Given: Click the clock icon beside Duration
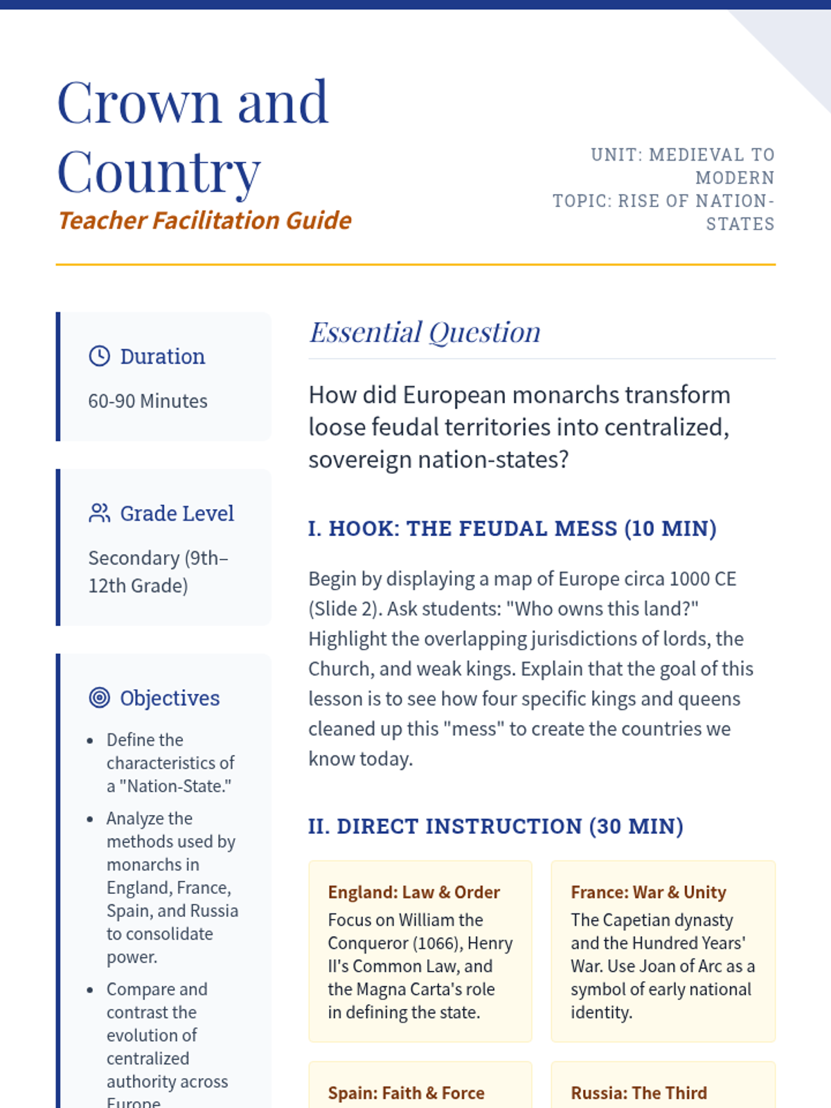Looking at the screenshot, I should point(100,356).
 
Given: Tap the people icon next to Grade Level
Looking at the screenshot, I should point(100,513).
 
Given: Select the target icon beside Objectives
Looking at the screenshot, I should point(100,698).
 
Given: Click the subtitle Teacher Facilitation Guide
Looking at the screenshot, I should point(205,220).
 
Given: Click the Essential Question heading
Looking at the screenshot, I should point(425,332).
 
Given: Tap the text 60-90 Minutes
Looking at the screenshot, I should point(148,401).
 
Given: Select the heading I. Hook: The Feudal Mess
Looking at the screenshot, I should point(512,528).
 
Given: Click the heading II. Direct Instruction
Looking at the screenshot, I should point(495,826).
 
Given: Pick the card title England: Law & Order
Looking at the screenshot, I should point(413,892).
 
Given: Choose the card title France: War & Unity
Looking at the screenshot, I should point(648,892).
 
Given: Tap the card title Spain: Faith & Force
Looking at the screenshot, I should point(406,1093).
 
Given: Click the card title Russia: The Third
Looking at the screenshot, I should point(638,1093).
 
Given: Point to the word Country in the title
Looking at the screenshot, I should point(159,172).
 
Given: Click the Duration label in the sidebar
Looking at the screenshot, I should point(163,356).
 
